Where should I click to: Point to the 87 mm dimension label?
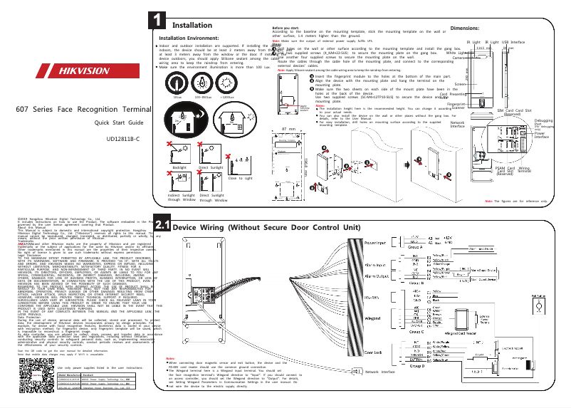288,129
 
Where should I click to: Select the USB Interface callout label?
514,43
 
